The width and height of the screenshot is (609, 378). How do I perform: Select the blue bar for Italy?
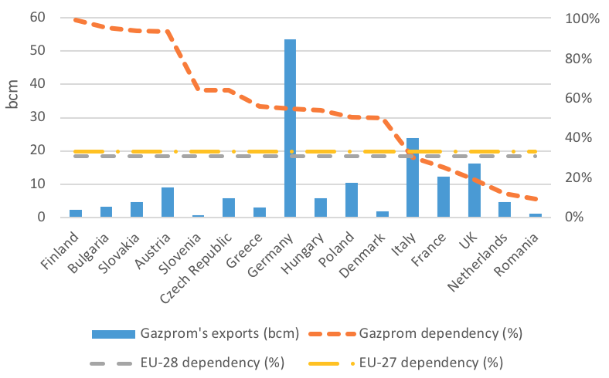pyautogui.click(x=413, y=177)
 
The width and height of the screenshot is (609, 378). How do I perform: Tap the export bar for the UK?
pyautogui.click(x=474, y=190)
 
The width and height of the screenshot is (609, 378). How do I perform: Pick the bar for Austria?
pyautogui.click(x=167, y=202)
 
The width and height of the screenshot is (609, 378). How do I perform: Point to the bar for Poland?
pyautogui.click(x=351, y=200)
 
